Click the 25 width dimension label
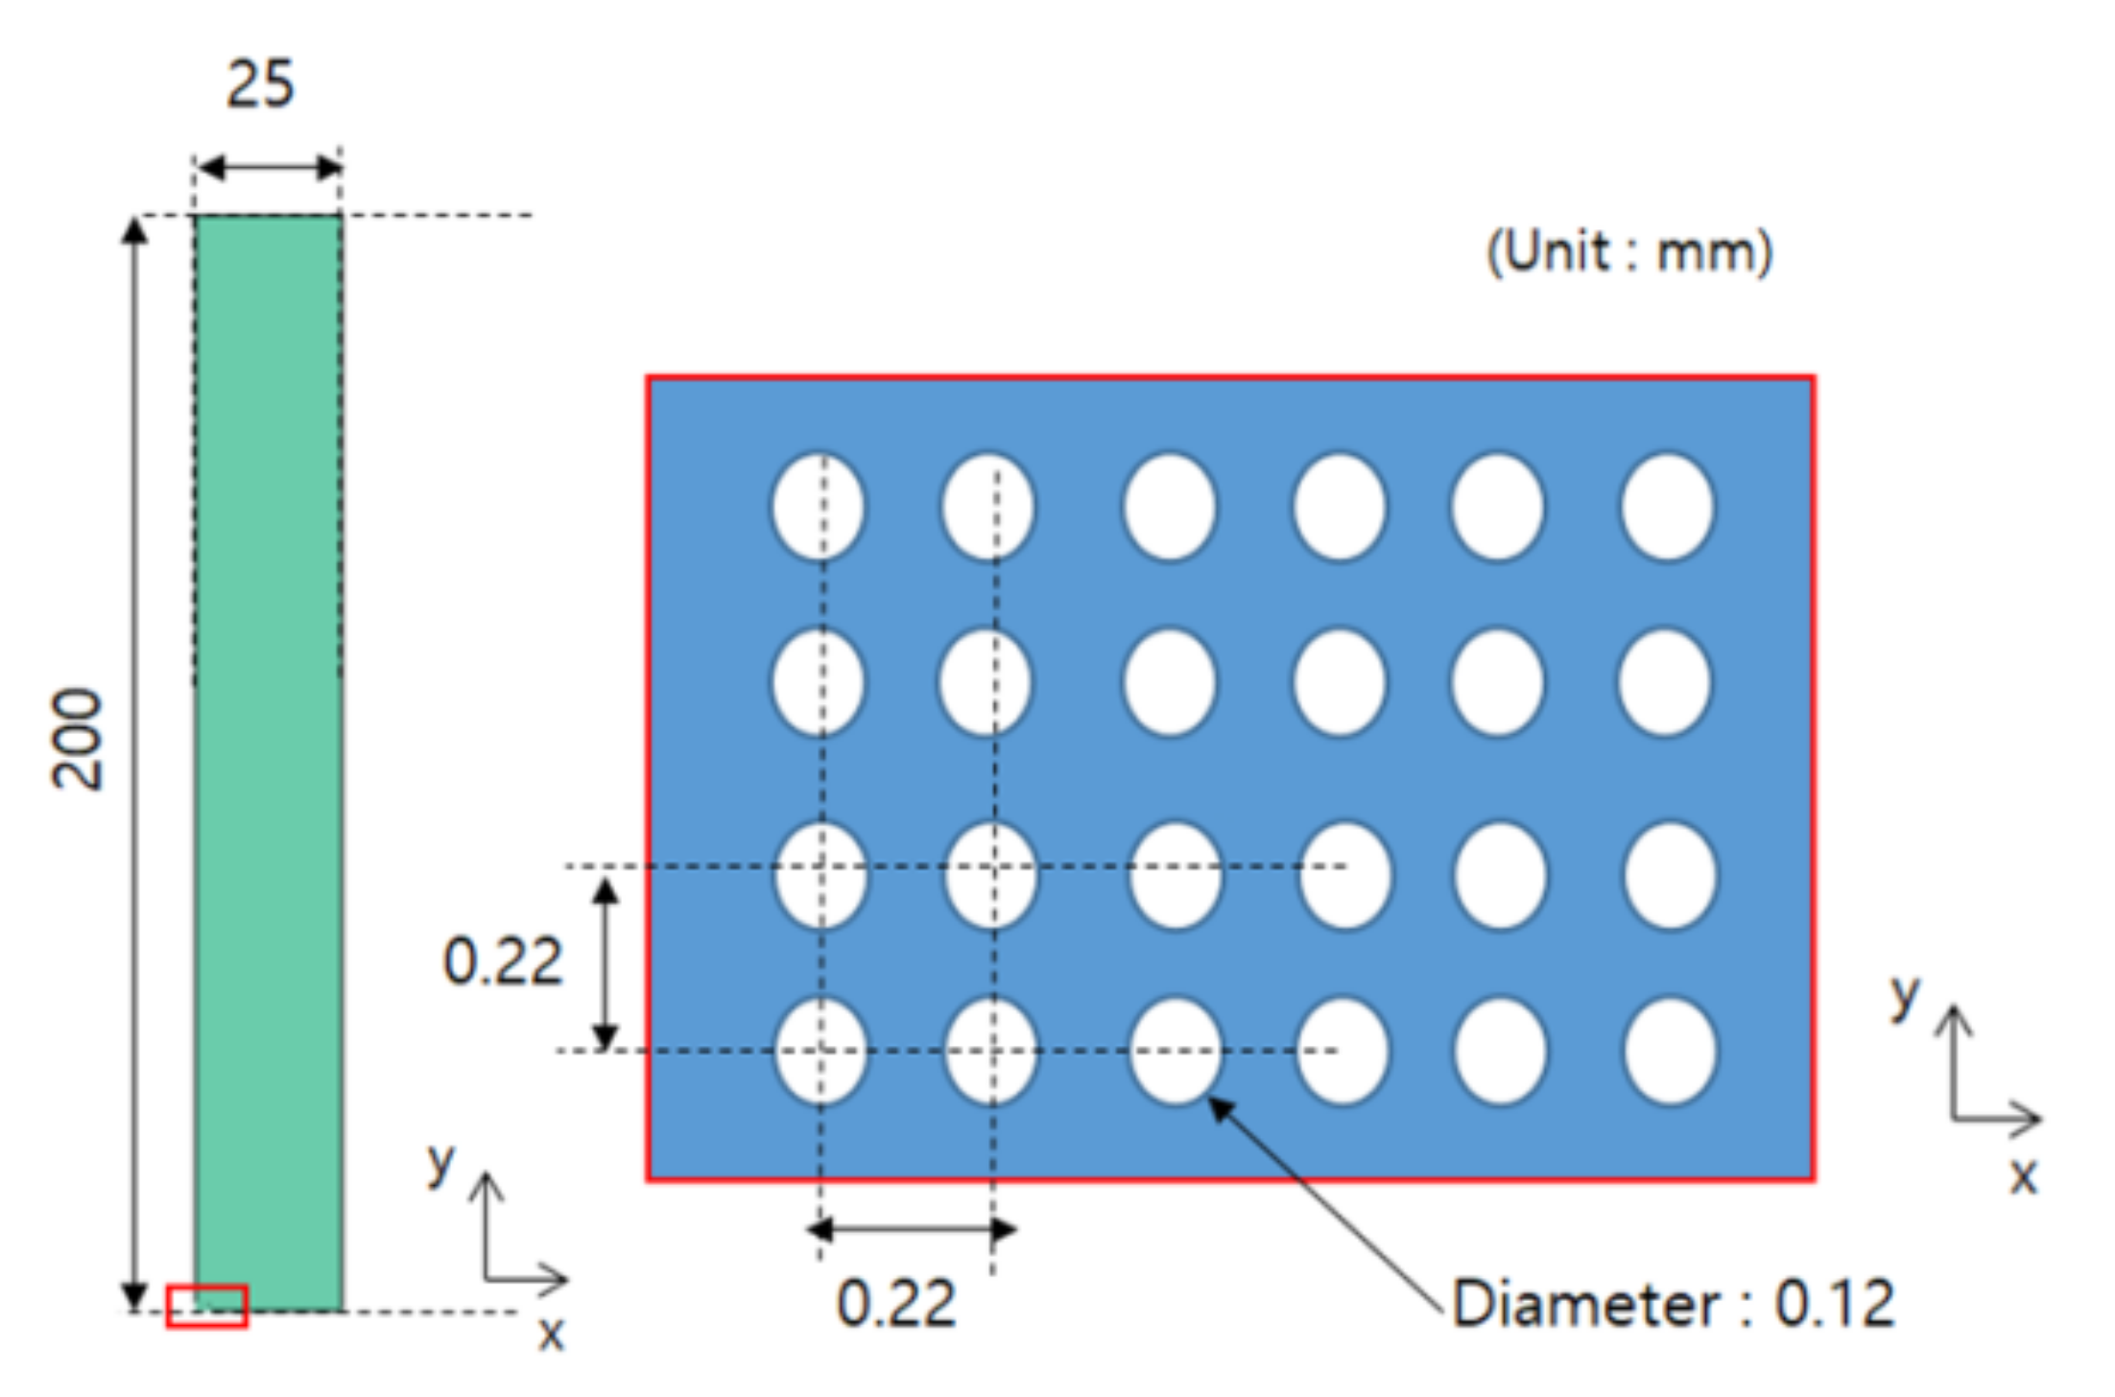pyautogui.click(x=260, y=84)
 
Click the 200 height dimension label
pyautogui.click(x=77, y=739)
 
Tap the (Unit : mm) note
pyautogui.click(x=1628, y=253)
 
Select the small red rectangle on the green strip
pyautogui.click(x=206, y=1306)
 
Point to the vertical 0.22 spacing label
pyautogui.click(x=502, y=961)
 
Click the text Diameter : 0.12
pyautogui.click(x=1673, y=1304)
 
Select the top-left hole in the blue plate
pyautogui.click(x=818, y=507)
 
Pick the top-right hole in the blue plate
pyautogui.click(x=1667, y=507)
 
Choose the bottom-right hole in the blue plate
pyautogui.click(x=1670, y=1051)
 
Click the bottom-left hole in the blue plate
pyautogui.click(x=820, y=1051)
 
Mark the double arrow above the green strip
pyautogui.click(x=269, y=169)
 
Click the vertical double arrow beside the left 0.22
pyautogui.click(x=605, y=962)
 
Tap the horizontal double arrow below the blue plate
pyautogui.click(x=912, y=1228)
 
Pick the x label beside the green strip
pyautogui.click(x=550, y=1334)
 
